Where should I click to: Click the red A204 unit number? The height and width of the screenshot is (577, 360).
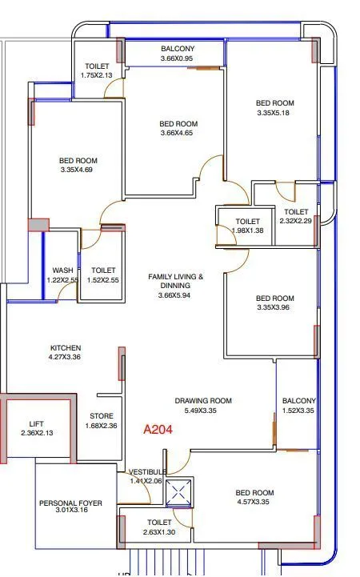click(158, 429)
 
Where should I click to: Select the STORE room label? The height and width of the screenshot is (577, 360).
click(101, 416)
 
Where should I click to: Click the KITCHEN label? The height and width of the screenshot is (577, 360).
click(66, 347)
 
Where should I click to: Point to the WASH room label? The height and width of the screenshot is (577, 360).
click(62, 270)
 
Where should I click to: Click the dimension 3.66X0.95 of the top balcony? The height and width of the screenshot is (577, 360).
click(177, 58)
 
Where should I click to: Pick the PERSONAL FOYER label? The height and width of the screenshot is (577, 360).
click(70, 503)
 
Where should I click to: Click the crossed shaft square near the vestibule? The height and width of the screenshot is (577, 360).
click(182, 491)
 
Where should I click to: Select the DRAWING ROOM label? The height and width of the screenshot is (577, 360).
click(203, 401)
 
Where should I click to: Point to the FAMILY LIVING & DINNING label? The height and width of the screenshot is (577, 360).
click(176, 281)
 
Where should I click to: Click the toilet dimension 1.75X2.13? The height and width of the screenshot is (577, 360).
click(98, 76)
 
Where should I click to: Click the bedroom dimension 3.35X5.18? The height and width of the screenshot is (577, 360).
click(274, 113)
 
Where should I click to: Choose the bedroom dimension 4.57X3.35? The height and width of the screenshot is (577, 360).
click(254, 503)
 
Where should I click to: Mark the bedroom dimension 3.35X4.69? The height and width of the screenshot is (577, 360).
click(78, 170)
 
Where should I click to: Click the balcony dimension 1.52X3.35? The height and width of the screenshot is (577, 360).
click(298, 411)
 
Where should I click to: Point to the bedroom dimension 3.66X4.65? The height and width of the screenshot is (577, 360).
click(178, 134)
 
